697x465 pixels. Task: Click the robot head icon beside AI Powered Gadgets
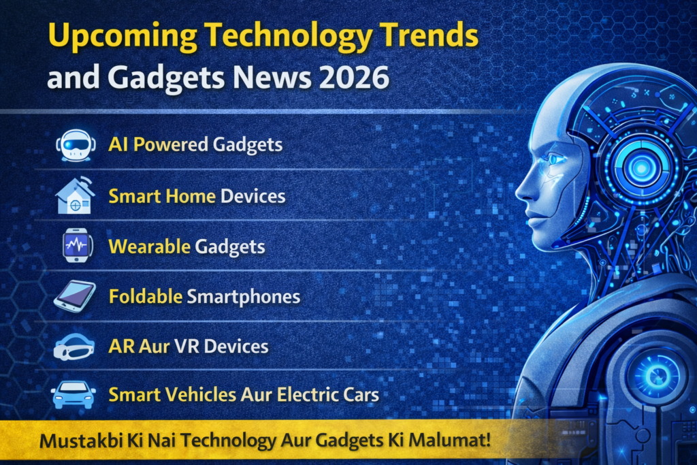(76, 145)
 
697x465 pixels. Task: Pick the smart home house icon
(75, 195)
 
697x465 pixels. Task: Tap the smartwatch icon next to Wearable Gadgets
(76, 245)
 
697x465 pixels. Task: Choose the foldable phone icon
(75, 296)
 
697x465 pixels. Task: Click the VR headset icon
(74, 347)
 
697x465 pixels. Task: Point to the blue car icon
(74, 394)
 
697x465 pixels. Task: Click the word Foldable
(146, 297)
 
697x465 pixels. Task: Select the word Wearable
(149, 246)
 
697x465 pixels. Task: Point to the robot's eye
(555, 159)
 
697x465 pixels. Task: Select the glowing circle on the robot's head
(641, 167)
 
